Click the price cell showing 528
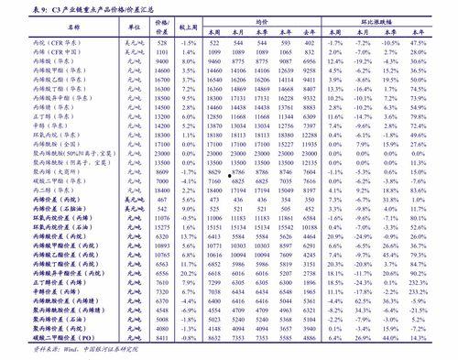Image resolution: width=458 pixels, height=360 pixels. (162, 44)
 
